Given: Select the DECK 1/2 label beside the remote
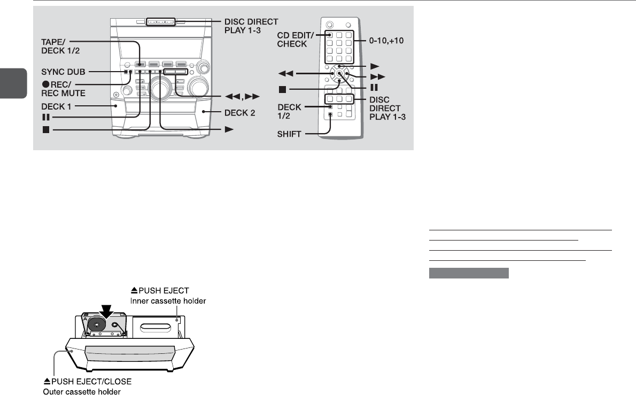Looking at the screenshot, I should coord(289,112).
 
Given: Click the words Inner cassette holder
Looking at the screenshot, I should coord(168,301).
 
